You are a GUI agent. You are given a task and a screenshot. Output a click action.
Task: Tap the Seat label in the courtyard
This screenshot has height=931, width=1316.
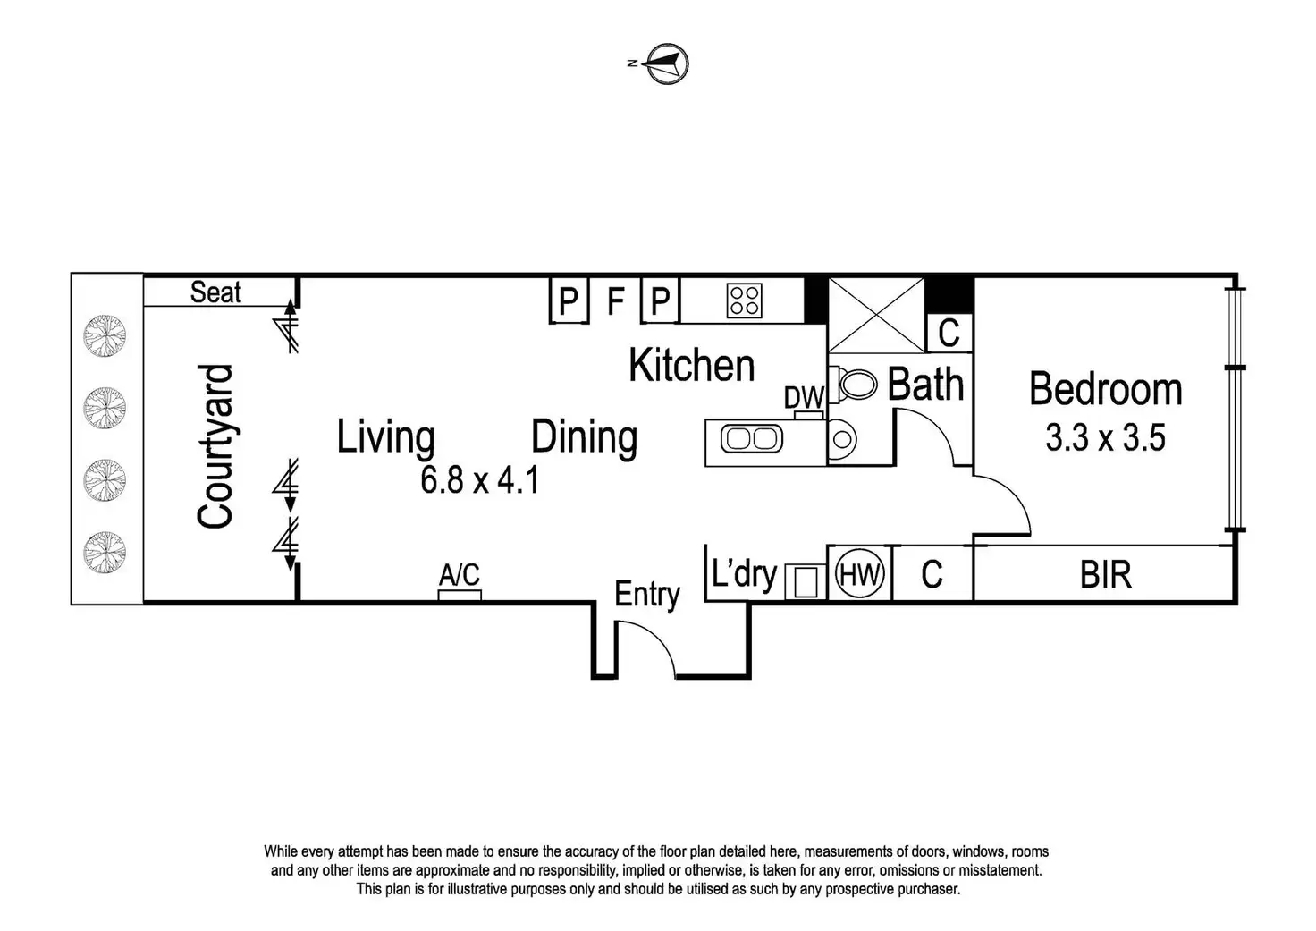click(215, 292)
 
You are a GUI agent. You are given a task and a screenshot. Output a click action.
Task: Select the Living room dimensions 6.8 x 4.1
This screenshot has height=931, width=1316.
click(479, 481)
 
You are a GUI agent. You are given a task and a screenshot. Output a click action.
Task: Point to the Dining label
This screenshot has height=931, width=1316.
click(584, 437)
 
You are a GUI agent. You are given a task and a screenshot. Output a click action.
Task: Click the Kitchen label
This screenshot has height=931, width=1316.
click(691, 366)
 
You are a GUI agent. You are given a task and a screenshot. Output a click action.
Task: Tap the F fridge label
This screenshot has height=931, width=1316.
click(615, 301)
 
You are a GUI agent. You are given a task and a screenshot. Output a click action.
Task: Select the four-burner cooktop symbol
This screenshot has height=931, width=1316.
click(745, 300)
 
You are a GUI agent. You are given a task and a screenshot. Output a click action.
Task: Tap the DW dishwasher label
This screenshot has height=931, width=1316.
click(804, 398)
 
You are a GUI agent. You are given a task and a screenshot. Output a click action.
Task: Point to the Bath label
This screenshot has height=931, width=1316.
click(925, 385)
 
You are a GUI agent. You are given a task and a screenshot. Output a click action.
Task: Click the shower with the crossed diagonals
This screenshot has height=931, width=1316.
click(876, 315)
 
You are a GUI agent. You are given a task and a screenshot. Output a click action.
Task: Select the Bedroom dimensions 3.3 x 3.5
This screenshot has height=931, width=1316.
click(1105, 439)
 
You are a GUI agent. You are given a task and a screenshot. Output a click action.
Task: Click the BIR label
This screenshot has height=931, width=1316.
click(1106, 574)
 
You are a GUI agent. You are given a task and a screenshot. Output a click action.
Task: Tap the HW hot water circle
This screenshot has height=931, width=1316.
click(860, 574)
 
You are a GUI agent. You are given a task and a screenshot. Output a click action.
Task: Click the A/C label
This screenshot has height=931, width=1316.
click(460, 574)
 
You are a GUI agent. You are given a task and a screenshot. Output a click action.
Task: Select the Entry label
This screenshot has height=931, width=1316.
click(647, 595)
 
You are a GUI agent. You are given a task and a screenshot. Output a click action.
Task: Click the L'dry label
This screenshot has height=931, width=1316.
click(744, 573)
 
